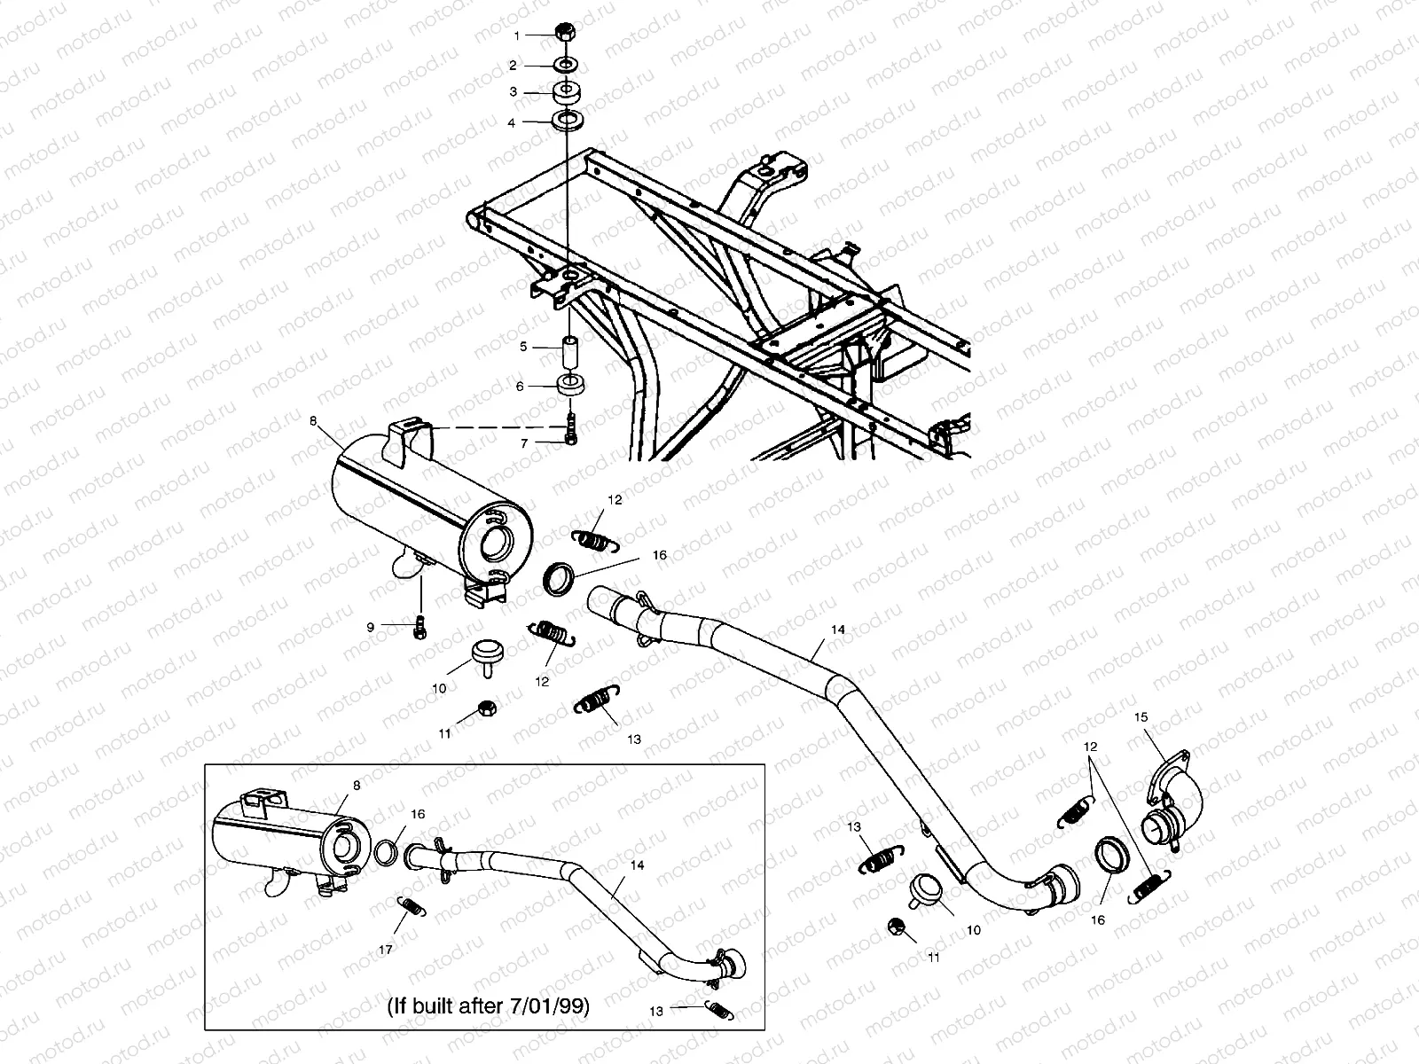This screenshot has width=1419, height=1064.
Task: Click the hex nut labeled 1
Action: [565, 33]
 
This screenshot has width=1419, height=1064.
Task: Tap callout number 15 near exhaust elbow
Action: [1141, 716]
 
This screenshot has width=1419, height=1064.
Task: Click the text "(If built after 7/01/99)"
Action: [488, 1006]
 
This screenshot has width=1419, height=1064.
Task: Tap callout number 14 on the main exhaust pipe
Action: [838, 630]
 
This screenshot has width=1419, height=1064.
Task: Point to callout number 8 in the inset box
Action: [357, 785]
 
